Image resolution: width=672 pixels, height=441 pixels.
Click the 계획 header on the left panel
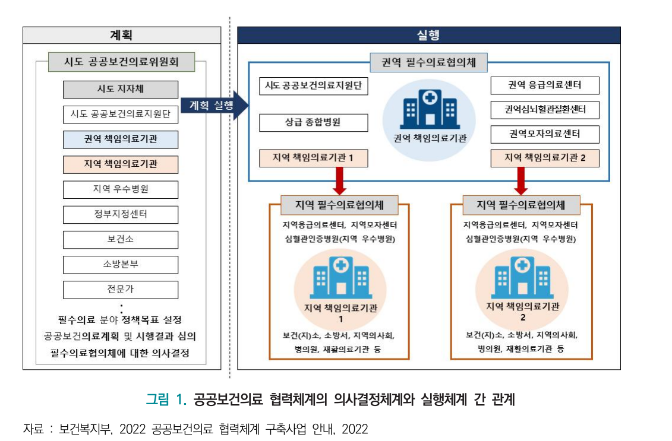coord(122,35)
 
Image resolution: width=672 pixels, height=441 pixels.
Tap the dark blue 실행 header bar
coord(428,35)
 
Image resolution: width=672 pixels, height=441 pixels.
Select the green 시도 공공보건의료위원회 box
coord(121,62)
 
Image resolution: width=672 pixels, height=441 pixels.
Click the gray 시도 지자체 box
coord(121,90)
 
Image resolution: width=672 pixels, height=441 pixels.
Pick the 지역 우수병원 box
coord(121,189)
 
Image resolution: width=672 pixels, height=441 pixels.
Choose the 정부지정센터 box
coord(121,214)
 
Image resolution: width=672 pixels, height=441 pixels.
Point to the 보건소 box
coord(121,239)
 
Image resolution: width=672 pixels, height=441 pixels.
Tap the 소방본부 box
coord(121,265)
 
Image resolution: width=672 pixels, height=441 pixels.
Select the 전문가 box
coord(121,290)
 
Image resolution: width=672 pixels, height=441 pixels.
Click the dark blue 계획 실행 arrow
coord(214,105)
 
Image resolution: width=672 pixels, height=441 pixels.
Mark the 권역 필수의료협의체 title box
coord(428,62)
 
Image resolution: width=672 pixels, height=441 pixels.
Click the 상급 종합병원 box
coord(313,123)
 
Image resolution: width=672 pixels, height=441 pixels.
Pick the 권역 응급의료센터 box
coord(545,85)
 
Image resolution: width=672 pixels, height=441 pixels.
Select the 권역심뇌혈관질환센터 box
coord(545,110)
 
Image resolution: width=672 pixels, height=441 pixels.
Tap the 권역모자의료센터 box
coord(545,135)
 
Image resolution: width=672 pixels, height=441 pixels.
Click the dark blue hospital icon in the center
coord(430,109)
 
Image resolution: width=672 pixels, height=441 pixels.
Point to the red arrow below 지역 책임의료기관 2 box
coord(520,180)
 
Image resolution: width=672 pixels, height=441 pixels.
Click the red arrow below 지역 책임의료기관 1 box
coord(339,180)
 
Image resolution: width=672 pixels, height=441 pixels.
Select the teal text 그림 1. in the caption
coord(166,399)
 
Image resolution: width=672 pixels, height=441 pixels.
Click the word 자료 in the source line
coord(33,429)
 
